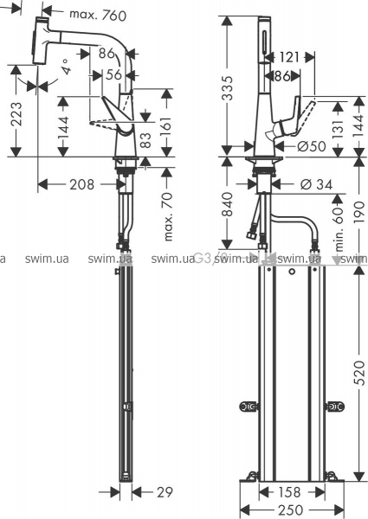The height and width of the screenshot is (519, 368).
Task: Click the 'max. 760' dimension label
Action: (98, 15)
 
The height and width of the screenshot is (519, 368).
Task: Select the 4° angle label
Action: (66, 67)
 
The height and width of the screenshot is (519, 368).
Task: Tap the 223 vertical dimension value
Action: (16, 114)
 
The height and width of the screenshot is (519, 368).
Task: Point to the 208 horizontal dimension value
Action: (81, 184)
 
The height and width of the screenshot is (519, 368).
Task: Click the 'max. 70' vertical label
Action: (168, 216)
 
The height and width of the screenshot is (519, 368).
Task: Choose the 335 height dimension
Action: (227, 88)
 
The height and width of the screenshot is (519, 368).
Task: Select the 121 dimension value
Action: (289, 57)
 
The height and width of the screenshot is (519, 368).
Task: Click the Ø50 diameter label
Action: (312, 146)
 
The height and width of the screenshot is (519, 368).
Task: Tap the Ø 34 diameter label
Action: (316, 184)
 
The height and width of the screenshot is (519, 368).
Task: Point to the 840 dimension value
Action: (227, 204)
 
